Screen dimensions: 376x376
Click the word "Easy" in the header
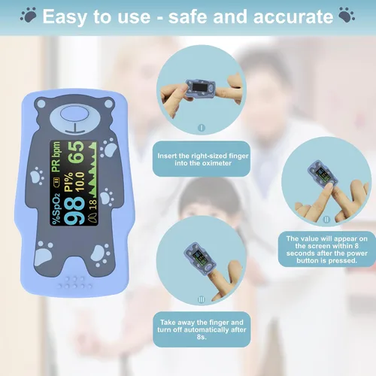point(65,17)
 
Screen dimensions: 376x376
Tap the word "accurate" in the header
point(293,17)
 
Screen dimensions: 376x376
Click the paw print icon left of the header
point(28,15)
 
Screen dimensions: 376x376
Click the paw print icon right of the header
point(347,15)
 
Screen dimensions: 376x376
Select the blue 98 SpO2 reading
point(74,211)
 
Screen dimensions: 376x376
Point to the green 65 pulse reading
point(75,153)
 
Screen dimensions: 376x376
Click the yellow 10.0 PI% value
point(80,182)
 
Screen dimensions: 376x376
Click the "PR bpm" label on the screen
point(56,157)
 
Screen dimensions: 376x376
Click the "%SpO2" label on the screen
point(56,209)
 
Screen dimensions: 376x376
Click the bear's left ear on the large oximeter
point(41,104)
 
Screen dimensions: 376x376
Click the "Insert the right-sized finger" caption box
point(202,159)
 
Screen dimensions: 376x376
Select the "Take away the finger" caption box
point(202,329)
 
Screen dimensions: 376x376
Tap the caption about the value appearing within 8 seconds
point(327,249)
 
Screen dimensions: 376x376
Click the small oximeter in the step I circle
point(200,88)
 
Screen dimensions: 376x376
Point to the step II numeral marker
point(326,220)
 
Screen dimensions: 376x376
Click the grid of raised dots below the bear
point(75,282)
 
